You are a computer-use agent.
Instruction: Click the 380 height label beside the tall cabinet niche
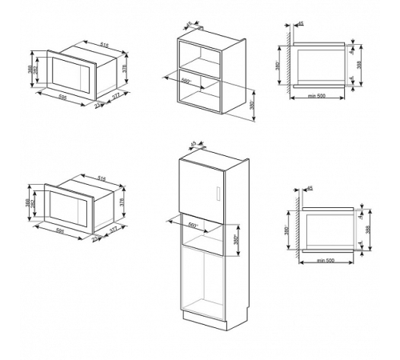click(238, 239)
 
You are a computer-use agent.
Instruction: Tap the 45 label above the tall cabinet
click(193, 144)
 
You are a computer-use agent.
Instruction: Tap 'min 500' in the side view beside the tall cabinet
click(324, 262)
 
